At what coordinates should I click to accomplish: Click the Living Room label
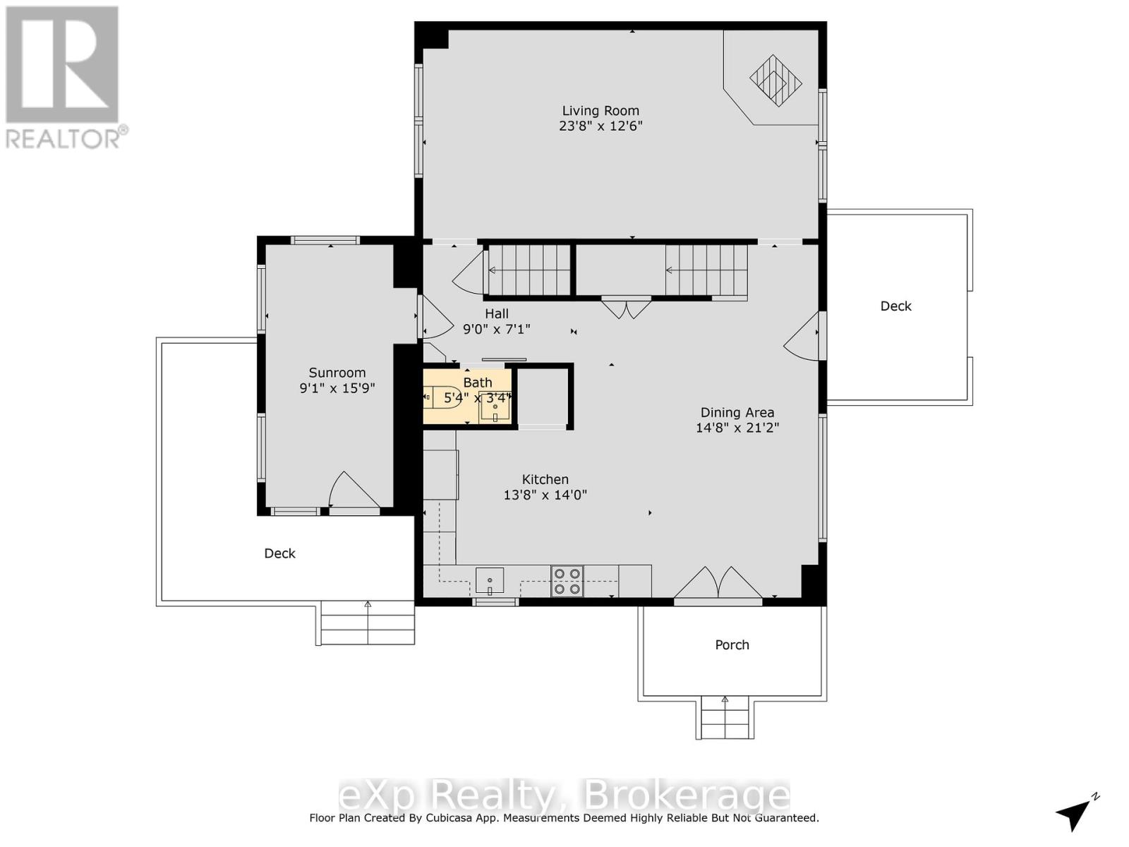pyautogui.click(x=600, y=111)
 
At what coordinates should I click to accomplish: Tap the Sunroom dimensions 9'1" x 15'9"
pyautogui.click(x=337, y=388)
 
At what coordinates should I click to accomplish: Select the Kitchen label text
pyautogui.click(x=545, y=479)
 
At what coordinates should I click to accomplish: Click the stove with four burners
pyautogui.click(x=567, y=581)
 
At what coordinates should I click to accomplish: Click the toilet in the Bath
pyautogui.click(x=437, y=398)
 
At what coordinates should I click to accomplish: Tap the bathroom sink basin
pyautogui.click(x=495, y=407)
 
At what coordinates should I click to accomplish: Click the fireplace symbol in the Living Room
pyautogui.click(x=775, y=80)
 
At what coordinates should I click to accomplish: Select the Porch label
pyautogui.click(x=732, y=645)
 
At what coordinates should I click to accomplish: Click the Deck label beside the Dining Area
pyautogui.click(x=896, y=306)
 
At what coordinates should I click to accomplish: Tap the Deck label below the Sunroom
pyautogui.click(x=280, y=553)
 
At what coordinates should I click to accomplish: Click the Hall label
pyautogui.click(x=497, y=314)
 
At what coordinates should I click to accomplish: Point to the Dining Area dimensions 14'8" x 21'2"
pyautogui.click(x=737, y=428)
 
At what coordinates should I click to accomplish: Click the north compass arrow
pyautogui.click(x=1074, y=814)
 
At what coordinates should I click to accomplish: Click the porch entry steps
pyautogui.click(x=725, y=718)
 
